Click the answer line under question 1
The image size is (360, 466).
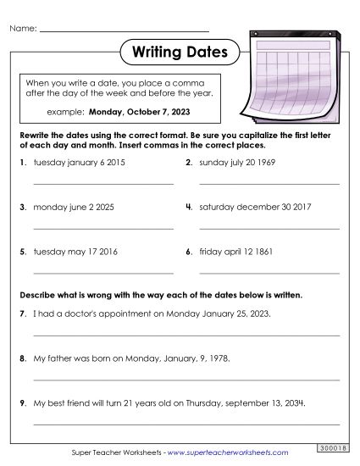pos(103,183)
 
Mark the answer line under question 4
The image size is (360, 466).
pos(269,228)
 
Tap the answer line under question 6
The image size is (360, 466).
pos(269,273)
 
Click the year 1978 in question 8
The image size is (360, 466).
pos(219,358)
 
